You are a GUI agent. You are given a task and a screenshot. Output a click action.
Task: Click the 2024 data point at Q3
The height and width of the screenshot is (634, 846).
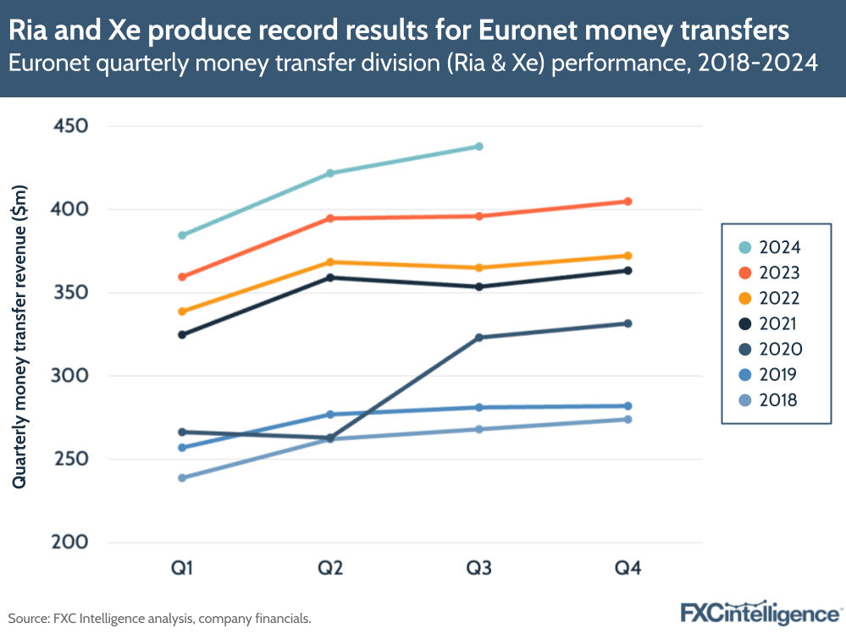tap(479, 146)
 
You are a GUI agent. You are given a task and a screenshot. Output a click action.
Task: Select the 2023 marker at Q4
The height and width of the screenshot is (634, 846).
tap(628, 201)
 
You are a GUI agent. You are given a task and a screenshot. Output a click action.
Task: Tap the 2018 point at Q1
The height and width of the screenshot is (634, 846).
tap(181, 477)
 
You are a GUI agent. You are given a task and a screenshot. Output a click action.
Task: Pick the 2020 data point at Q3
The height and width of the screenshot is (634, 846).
tap(479, 338)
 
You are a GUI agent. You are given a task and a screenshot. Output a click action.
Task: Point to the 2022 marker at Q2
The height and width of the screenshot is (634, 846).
tap(330, 262)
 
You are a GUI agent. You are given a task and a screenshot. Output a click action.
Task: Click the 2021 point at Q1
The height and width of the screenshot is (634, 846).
tap(181, 334)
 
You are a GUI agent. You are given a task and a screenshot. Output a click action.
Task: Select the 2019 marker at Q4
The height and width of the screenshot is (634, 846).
tap(628, 406)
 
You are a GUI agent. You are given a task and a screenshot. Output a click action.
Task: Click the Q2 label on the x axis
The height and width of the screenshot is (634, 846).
tap(330, 568)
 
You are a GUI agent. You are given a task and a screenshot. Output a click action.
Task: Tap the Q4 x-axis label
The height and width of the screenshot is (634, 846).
tap(628, 568)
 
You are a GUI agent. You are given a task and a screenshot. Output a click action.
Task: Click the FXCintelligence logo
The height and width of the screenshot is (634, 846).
tap(760, 612)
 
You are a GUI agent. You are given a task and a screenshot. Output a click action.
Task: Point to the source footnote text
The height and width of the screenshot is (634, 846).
tap(160, 619)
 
